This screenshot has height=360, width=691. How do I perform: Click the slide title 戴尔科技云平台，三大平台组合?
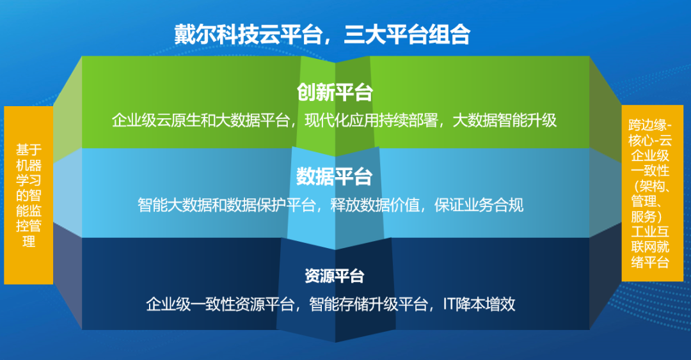[x=322, y=34]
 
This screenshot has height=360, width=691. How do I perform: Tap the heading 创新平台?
[x=335, y=92]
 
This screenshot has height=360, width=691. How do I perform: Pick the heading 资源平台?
[x=335, y=276]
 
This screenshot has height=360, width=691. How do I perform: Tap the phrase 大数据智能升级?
[x=505, y=120]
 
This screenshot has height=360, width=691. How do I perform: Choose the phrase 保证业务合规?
[x=479, y=205]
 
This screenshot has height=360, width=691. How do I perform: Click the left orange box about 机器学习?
[x=28, y=195]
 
